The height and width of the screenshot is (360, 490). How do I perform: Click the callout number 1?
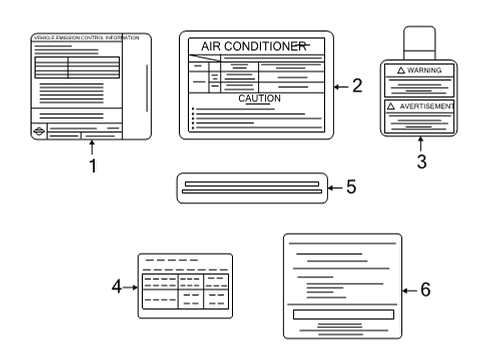point(93,167)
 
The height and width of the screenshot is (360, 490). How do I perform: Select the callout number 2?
point(358,86)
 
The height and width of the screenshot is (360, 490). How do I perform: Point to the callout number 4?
point(117,287)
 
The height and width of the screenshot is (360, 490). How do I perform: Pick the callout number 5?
point(351,187)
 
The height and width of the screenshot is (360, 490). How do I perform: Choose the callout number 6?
point(424,290)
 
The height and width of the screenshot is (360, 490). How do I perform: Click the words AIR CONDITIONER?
point(254,47)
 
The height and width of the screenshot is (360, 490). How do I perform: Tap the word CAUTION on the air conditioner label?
point(259,99)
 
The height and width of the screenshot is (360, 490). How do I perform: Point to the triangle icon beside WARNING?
point(401,72)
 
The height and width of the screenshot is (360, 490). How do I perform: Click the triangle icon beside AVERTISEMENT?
point(391,105)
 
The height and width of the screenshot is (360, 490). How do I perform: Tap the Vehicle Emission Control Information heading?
point(86,38)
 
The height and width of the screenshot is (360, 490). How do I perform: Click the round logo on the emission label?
point(39,133)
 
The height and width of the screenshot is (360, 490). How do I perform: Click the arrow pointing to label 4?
point(130,287)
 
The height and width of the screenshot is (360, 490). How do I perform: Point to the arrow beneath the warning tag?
point(420,143)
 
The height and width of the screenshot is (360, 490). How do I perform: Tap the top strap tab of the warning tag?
point(420,42)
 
